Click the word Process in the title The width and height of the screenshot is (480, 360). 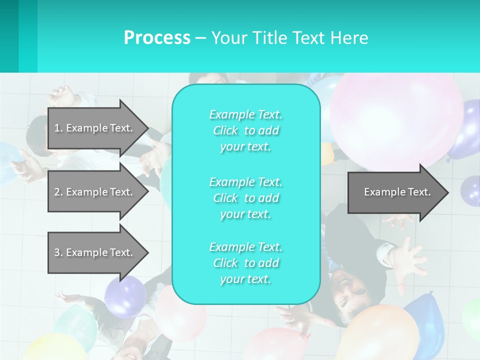(x=157, y=37)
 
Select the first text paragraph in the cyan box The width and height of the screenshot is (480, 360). (x=246, y=130)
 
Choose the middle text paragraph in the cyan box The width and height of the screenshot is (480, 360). (x=246, y=198)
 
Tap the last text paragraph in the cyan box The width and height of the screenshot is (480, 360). (x=246, y=263)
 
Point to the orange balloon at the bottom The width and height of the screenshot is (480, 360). (x=385, y=332)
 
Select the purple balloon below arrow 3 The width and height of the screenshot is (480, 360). (x=125, y=295)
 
